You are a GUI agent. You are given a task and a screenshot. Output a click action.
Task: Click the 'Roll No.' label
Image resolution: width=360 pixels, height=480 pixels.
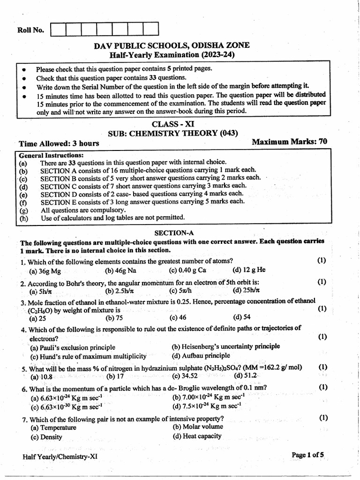[30, 30]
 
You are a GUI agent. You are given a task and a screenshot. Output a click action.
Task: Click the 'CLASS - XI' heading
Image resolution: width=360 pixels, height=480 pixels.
[172, 124]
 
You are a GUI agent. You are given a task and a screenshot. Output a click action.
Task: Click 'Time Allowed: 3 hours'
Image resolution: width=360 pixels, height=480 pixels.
[59, 143]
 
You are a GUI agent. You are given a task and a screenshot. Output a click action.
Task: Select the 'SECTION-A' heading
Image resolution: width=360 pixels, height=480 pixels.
[174, 232]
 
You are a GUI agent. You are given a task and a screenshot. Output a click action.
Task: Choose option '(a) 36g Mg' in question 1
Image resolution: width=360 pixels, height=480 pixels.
[45, 270]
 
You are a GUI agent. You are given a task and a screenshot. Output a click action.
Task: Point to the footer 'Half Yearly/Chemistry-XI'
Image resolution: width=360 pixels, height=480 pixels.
[60, 457]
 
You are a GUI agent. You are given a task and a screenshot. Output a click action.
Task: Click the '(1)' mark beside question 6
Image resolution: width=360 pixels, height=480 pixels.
[323, 387]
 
